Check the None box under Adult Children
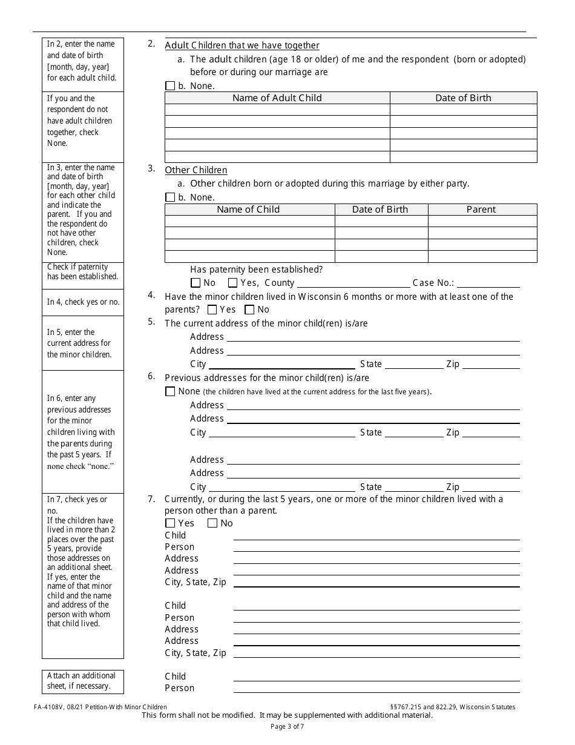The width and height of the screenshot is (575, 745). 170,86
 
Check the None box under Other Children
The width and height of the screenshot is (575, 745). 170,197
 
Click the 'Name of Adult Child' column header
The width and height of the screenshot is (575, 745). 277,98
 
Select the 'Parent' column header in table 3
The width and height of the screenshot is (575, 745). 481,210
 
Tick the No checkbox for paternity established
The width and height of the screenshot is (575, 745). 195,283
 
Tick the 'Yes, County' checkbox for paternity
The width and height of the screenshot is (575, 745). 232,283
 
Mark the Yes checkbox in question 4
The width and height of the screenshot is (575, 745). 212,310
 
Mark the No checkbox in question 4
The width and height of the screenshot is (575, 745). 249,310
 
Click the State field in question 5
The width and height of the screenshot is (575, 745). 413,364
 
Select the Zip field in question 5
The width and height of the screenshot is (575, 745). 490,364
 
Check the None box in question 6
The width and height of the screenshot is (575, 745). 170,392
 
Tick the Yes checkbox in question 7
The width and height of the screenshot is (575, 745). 170,523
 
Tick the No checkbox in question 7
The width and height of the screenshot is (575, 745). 212,523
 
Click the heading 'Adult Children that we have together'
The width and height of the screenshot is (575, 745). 242,45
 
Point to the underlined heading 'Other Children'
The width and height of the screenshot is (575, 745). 196,170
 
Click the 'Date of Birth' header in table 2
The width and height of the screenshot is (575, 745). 463,98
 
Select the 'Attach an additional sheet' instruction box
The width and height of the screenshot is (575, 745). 82,681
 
